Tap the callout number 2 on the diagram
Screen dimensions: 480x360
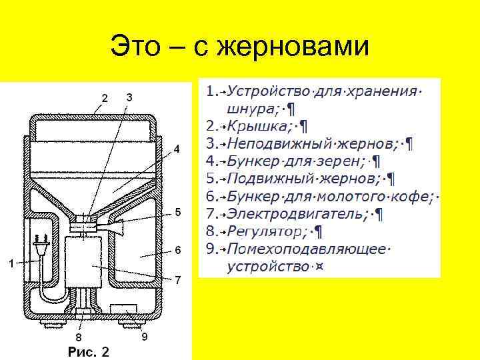click(104, 99)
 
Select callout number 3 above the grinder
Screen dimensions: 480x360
click(129, 97)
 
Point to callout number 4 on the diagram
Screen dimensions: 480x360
click(177, 149)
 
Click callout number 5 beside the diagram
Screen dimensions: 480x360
click(178, 212)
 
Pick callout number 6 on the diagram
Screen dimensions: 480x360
click(178, 251)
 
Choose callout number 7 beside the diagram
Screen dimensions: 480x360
click(178, 280)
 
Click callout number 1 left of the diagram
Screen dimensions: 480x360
click(10, 263)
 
